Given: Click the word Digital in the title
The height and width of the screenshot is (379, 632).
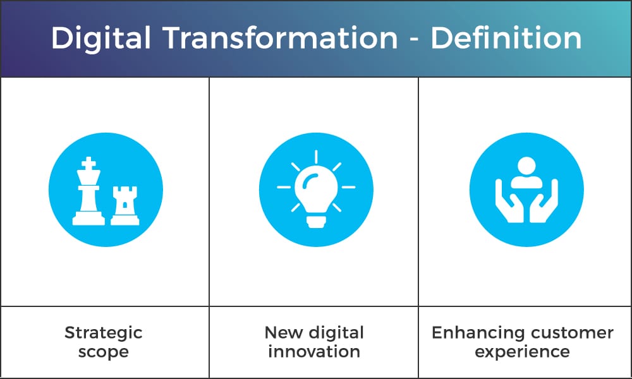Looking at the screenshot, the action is (101, 39).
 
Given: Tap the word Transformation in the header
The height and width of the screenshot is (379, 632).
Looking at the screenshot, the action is (281, 38).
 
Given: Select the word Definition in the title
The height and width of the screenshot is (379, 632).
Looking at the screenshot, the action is (506, 38).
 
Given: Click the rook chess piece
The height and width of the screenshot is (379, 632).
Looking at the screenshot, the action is (125, 205).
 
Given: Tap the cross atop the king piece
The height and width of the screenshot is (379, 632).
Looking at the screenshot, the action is (88, 164).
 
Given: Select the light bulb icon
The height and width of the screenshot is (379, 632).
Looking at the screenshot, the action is (316, 189).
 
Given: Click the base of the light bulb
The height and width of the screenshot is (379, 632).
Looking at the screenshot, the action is (316, 222).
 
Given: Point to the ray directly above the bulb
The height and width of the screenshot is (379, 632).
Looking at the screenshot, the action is (316, 157).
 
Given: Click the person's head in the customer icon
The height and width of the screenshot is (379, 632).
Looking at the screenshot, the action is (526, 166).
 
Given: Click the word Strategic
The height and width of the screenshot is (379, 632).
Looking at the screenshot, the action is (104, 334).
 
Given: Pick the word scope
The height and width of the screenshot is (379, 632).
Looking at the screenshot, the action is (104, 352).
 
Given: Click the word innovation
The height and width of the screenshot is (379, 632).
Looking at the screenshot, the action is (314, 351).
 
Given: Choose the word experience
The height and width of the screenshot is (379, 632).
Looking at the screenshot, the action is (523, 352).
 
